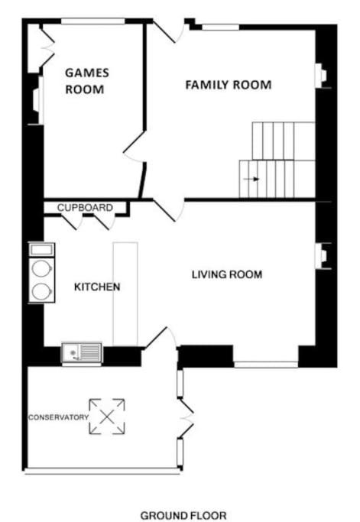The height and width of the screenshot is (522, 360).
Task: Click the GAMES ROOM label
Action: tap(87, 81)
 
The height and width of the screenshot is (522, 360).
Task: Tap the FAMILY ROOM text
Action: tap(229, 85)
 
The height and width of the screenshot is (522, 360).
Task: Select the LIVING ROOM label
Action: tap(227, 274)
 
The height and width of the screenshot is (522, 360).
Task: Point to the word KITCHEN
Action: tap(97, 287)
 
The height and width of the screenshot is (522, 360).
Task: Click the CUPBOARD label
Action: tap(85, 208)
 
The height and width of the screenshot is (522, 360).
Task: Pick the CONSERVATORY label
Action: tap(58, 417)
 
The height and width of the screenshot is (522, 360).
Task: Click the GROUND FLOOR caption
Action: tap(183, 515)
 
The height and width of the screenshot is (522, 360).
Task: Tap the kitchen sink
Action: tap(82, 352)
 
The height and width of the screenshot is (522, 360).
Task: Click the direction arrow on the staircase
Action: tap(251, 179)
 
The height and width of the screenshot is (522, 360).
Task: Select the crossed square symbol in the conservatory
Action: tap(107, 417)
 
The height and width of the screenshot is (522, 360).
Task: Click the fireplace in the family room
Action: tap(321, 76)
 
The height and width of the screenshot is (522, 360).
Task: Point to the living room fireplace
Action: tap(321, 256)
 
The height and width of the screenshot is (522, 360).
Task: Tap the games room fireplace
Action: tap(37, 100)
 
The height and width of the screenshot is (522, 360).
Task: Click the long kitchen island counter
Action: tap(125, 294)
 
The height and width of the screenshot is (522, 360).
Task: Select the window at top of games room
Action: tap(93, 21)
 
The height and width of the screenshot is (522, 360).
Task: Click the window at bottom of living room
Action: tap(266, 365)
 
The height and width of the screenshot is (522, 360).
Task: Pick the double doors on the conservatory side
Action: tap(186, 418)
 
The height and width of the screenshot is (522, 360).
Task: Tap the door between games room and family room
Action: tap(134, 147)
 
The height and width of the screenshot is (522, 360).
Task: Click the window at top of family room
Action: tap(220, 27)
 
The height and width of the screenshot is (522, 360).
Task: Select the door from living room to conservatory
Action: tap(161, 338)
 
